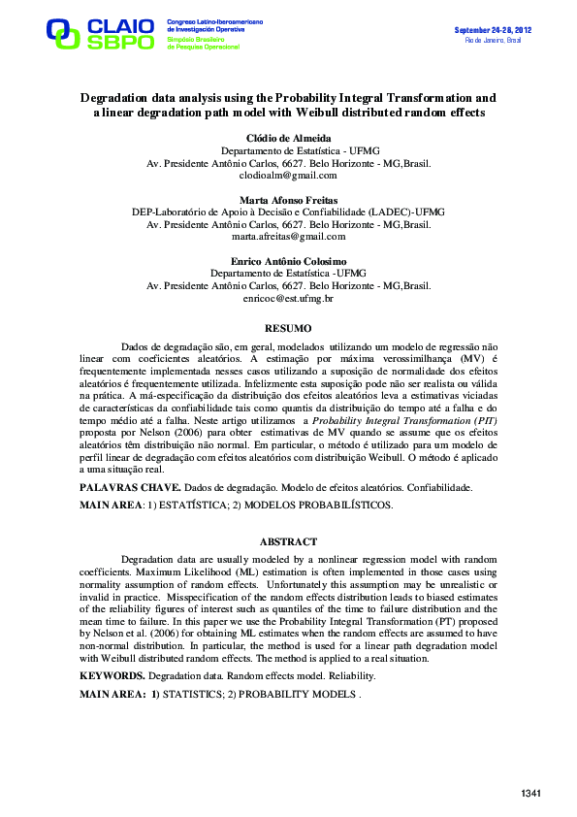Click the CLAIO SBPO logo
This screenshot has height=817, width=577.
[x=99, y=33]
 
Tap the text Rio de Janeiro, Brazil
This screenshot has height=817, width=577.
[x=494, y=40]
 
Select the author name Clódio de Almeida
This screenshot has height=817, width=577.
[x=288, y=139]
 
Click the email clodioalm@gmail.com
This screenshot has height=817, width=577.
[x=288, y=176]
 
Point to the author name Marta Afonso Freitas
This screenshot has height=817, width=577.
[x=288, y=199]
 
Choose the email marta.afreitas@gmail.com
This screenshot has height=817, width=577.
[x=288, y=236]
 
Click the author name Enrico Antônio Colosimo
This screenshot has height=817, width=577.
[x=288, y=261]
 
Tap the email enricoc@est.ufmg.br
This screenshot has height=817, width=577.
[x=288, y=299]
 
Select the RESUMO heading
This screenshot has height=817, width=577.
[x=288, y=329]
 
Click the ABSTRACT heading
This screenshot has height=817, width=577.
[x=288, y=541]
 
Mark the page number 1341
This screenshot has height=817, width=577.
[x=530, y=795]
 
